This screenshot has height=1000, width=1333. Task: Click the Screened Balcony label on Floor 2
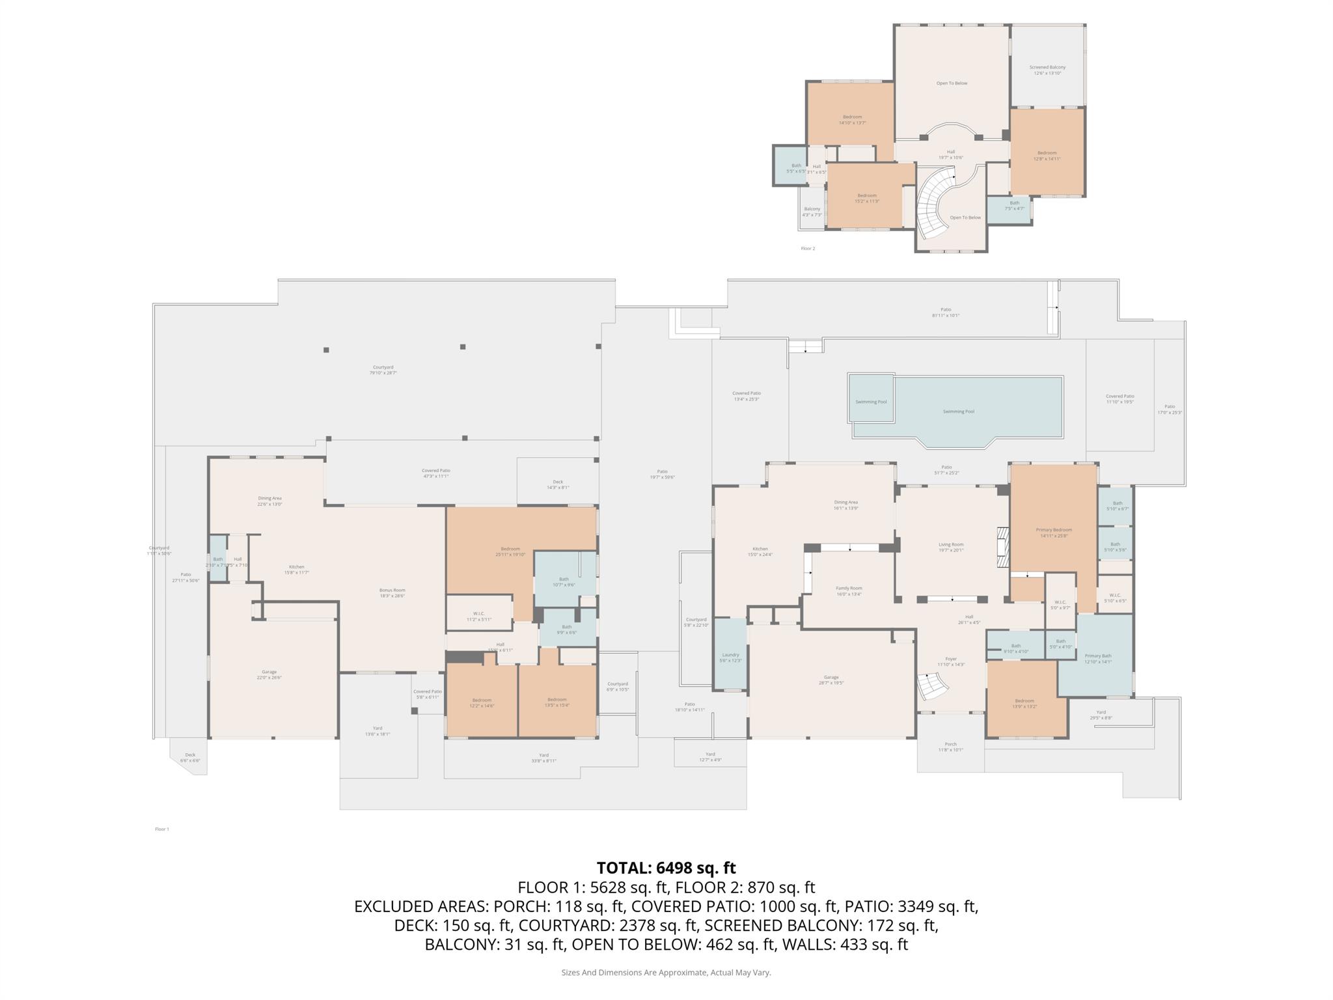[1047, 70]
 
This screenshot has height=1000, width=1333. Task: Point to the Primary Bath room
[1097, 658]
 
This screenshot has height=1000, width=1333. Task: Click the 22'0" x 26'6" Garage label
[269, 674]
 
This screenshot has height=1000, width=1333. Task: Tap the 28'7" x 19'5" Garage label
[831, 680]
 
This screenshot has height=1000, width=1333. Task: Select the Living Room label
[950, 547]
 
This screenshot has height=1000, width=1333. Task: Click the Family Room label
[849, 590]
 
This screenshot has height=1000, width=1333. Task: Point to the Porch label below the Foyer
[950, 747]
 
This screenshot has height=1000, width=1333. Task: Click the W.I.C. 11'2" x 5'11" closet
[478, 616]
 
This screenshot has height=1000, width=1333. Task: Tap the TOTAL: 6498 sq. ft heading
[666, 868]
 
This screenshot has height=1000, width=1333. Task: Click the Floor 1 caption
[161, 829]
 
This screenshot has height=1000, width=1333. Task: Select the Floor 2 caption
[807, 248]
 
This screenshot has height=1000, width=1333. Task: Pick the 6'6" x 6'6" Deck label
[189, 758]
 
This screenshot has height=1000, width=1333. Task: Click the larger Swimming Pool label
[958, 411]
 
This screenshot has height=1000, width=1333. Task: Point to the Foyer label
[950, 661]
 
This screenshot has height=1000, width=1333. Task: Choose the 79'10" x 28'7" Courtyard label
[383, 370]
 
